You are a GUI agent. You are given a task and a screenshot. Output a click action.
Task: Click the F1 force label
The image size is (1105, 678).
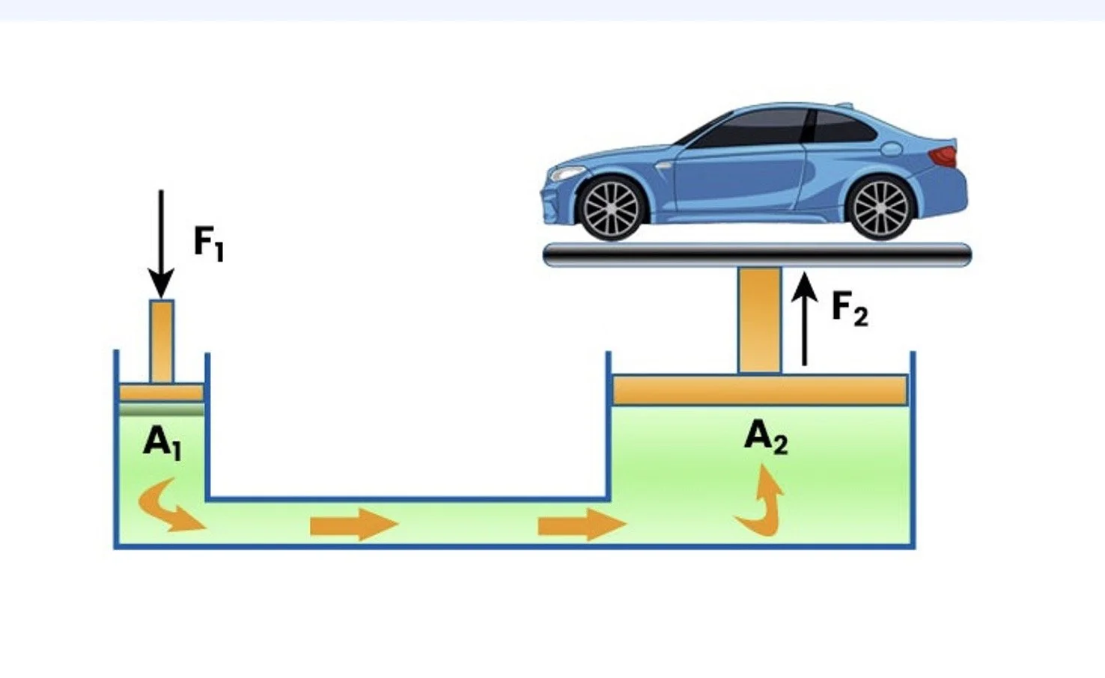tap(208, 242)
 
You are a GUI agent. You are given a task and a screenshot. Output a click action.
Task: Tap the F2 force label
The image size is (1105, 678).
tap(850, 308)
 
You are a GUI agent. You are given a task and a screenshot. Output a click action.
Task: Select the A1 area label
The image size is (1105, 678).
tap(162, 442)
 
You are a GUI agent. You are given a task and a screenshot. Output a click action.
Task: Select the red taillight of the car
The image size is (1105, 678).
tap(943, 156)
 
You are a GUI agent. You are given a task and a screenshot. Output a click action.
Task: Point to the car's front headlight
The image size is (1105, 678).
tap(566, 174)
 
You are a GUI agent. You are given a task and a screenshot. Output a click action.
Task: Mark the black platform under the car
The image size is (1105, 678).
tap(756, 256)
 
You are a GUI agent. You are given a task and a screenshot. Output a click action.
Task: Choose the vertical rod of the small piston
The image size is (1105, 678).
tap(162, 341)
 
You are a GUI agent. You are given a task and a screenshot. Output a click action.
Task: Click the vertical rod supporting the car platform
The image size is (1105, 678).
tap(759, 320)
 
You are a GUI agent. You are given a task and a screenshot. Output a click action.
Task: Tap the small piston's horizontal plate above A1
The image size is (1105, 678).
tap(161, 393)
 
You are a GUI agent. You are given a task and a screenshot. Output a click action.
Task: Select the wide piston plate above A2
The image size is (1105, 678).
tap(759, 391)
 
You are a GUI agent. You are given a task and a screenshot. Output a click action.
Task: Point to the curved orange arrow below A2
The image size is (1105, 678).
tap(762, 501)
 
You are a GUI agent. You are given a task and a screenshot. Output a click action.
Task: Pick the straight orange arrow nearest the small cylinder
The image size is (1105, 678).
tap(352, 525)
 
